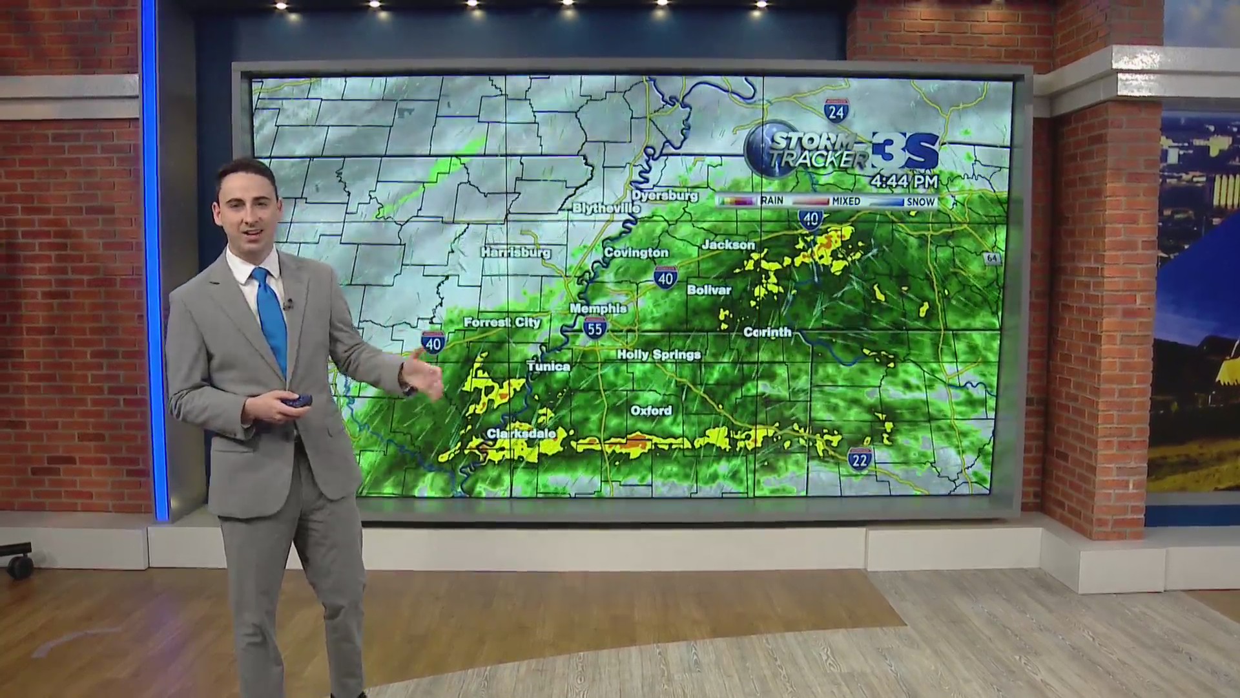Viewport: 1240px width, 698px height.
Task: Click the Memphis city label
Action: [598, 309]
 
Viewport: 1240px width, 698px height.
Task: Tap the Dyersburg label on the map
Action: [665, 195]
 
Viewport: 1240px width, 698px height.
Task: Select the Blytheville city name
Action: [606, 208]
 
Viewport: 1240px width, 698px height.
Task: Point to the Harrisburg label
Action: [515, 252]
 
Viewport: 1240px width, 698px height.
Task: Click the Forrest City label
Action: [502, 322]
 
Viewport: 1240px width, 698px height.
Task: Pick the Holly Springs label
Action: [659, 354]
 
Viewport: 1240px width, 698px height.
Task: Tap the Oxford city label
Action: [651, 410]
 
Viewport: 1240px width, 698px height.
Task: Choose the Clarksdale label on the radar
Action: [521, 433]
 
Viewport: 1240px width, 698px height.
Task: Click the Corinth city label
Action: [767, 332]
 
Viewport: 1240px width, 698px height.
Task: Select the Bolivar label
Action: [709, 290]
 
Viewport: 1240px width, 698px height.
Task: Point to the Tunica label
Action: [548, 366]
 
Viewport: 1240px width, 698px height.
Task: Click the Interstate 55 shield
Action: [595, 328]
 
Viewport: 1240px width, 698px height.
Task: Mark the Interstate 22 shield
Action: [860, 458]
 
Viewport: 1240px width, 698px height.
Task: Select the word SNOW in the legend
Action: [921, 202]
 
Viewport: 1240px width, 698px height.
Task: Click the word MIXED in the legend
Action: [846, 202]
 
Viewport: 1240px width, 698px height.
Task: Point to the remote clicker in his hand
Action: [295, 401]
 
